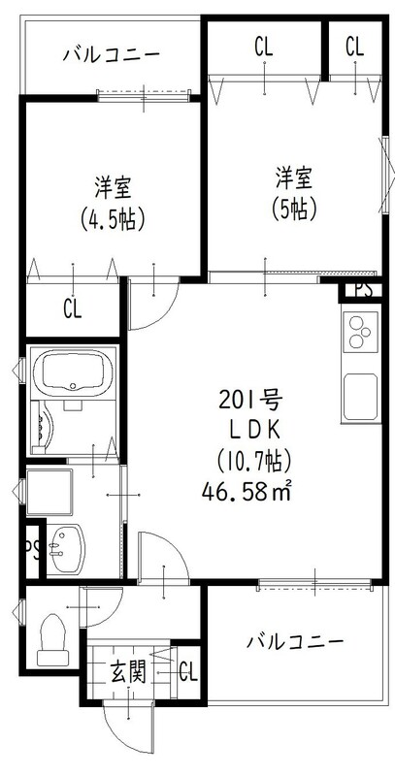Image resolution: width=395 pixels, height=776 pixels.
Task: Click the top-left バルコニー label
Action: (x=112, y=54)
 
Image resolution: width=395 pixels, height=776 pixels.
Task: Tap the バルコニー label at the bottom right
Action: (x=295, y=642)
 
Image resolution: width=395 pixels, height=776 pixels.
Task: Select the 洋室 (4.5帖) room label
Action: (x=113, y=204)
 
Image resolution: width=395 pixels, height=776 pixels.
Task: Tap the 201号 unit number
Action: (x=250, y=400)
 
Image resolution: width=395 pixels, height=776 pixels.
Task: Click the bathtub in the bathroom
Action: (x=75, y=372)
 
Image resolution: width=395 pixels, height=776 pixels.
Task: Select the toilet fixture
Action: (x=52, y=639)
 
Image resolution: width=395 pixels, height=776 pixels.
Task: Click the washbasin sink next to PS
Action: (x=66, y=549)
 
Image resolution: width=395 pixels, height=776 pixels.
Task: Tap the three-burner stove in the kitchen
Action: (x=360, y=333)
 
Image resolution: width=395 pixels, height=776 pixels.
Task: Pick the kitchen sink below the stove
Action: (x=361, y=397)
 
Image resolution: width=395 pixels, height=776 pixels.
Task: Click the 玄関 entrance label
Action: (x=128, y=672)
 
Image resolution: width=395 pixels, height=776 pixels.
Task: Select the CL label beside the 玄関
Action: (x=188, y=672)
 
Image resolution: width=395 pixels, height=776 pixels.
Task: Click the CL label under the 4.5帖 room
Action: (x=72, y=309)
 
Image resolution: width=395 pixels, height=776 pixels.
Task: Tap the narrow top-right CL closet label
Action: (x=354, y=47)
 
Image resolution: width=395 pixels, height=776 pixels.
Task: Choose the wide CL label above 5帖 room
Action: (x=264, y=47)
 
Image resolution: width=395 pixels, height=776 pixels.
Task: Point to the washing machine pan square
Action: (x=49, y=492)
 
